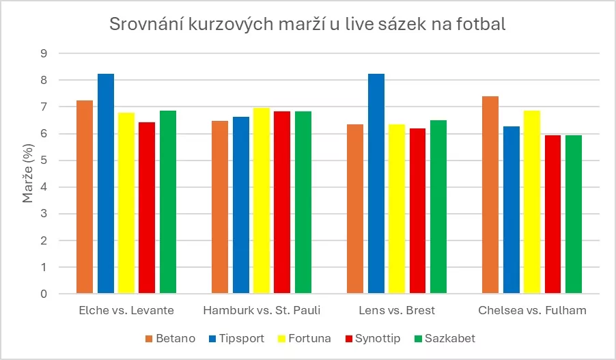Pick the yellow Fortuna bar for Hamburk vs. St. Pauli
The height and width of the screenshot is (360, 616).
(262, 201)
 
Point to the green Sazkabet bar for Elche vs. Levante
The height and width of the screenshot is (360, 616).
(168, 202)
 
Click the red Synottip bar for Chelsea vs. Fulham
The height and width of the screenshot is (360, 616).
(552, 214)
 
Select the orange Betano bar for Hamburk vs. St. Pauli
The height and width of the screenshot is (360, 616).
(220, 208)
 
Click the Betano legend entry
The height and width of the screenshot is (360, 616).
(171, 339)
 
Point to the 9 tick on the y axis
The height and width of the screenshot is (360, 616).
(46, 53)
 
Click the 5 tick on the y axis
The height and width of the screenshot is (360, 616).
(46, 161)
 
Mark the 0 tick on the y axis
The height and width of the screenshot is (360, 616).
(46, 294)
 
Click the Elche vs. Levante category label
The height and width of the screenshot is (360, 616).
(126, 311)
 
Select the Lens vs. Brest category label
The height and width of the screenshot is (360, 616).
(397, 311)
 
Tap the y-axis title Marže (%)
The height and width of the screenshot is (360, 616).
(28, 174)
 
